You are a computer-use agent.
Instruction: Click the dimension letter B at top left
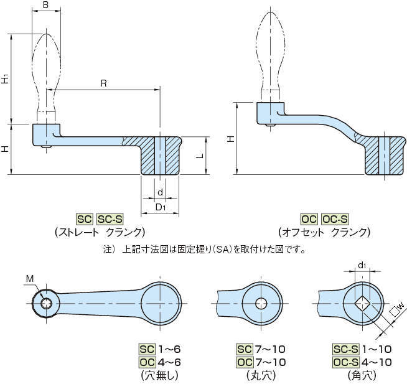click(x=47, y=6)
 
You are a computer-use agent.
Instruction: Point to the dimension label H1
click(x=5, y=79)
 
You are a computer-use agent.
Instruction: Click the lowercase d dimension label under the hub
click(x=160, y=192)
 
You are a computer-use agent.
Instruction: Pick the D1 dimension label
click(x=160, y=207)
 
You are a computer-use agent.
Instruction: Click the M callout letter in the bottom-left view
click(x=30, y=278)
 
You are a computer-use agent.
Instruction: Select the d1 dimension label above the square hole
click(x=362, y=266)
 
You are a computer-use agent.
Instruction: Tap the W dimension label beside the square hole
click(x=399, y=306)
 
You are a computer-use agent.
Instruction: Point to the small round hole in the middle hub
click(x=261, y=303)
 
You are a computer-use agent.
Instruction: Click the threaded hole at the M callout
click(x=45, y=304)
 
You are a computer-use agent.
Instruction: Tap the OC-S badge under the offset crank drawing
click(x=335, y=219)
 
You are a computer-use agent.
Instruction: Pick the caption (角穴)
click(x=361, y=375)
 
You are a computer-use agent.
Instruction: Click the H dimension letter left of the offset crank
click(x=231, y=139)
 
